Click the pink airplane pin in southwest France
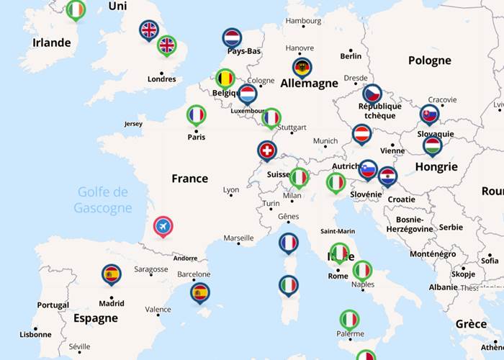pos(163,227)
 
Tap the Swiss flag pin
pos(267,150)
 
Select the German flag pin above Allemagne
pos(302,68)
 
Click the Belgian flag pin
pos(225,78)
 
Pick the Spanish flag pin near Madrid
pos(112,274)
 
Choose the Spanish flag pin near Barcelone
pos(200,292)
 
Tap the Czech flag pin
pos(372,94)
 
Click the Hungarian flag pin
pos(432,146)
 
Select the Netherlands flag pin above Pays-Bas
pos(232,38)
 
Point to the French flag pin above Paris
pos(196,115)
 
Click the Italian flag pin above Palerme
pos(349,319)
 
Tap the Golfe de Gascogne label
pos(103,200)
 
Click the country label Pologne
pos(429,60)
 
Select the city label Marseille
pos(238,238)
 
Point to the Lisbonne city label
pos(35,334)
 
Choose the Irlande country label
pos(52,42)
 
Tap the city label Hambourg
pos(303,21)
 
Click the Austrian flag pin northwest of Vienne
pos(361,134)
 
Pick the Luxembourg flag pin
pos(248,94)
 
